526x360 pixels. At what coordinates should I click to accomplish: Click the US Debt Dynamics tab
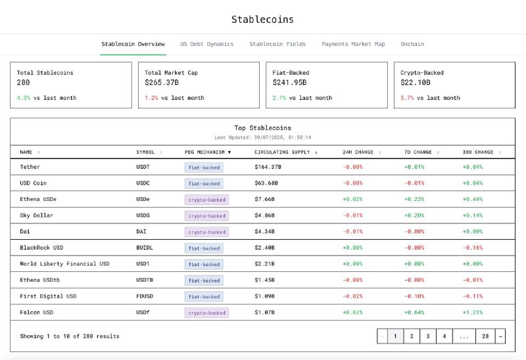coord(206,44)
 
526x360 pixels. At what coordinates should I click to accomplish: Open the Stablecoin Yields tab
coord(277,44)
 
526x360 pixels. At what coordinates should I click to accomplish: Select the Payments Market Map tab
coord(353,44)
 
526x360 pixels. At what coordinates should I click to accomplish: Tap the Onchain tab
coord(412,44)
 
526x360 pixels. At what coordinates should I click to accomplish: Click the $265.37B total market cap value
coord(162,83)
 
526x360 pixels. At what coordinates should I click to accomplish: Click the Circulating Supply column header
coord(284,152)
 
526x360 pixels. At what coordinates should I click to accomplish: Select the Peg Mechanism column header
coord(208,152)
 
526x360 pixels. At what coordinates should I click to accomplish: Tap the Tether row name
coord(30,167)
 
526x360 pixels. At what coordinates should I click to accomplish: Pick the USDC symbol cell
coord(144,183)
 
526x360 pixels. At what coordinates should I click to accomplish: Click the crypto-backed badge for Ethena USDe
coord(206,200)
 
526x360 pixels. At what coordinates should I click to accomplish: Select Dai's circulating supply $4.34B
coord(264,232)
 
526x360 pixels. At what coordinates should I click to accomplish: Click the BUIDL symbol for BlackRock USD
coord(145,248)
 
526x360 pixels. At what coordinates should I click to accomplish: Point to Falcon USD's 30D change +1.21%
coord(472,313)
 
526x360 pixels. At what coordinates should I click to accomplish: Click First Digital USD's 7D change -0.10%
coord(414,296)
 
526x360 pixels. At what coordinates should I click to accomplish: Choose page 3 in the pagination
coord(428,336)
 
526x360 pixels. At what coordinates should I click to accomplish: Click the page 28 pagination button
coord(485,336)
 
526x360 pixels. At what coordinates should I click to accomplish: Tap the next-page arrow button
coord(500,336)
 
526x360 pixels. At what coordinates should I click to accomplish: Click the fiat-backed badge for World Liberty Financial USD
coord(204,264)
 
